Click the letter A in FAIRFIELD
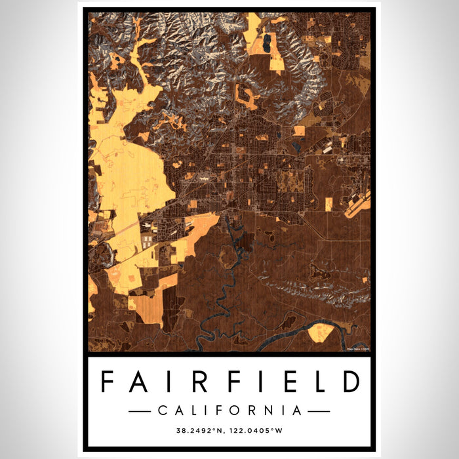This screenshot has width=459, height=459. (136, 382)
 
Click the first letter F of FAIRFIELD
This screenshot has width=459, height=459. (108, 382)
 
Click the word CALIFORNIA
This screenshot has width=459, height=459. (229, 411)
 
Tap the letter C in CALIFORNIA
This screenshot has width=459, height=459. (162, 411)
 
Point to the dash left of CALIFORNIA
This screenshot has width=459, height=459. (140, 411)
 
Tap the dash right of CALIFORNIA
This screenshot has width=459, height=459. (319, 411)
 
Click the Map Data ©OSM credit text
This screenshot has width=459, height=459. (358, 348)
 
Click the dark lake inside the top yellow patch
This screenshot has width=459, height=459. (269, 45)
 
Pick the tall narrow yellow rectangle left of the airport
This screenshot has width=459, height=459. (329, 204)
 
